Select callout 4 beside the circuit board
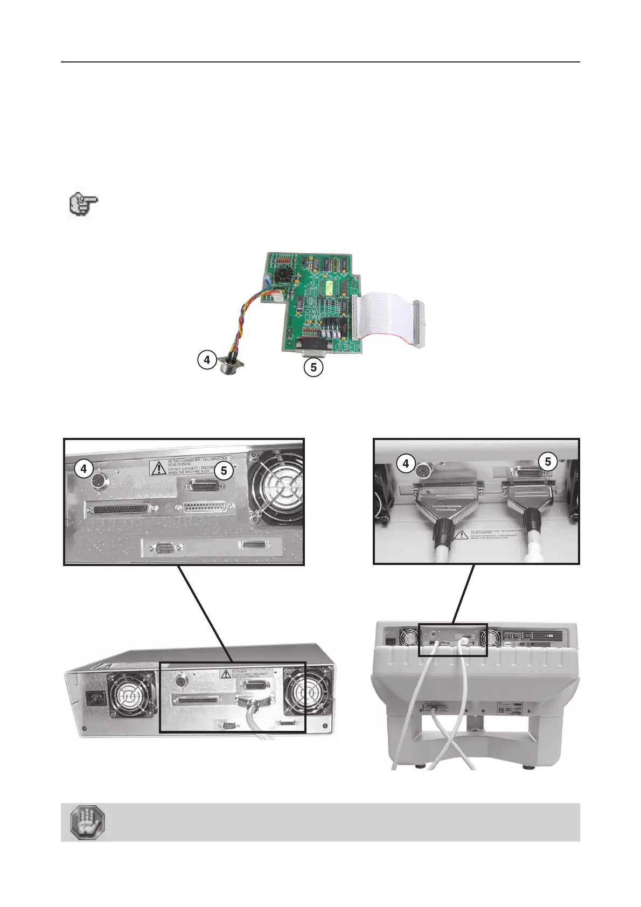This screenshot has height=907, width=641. [207, 359]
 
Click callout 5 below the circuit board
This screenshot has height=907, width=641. [313, 367]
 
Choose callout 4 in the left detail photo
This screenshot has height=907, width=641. [83, 469]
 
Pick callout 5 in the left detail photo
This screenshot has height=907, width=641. [224, 471]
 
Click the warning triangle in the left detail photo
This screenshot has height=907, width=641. [158, 468]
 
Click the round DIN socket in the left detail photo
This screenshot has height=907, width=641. [100, 482]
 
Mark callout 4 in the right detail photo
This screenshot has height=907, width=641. [406, 463]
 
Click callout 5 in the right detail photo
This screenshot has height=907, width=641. [548, 462]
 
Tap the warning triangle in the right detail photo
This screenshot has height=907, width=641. [461, 535]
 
